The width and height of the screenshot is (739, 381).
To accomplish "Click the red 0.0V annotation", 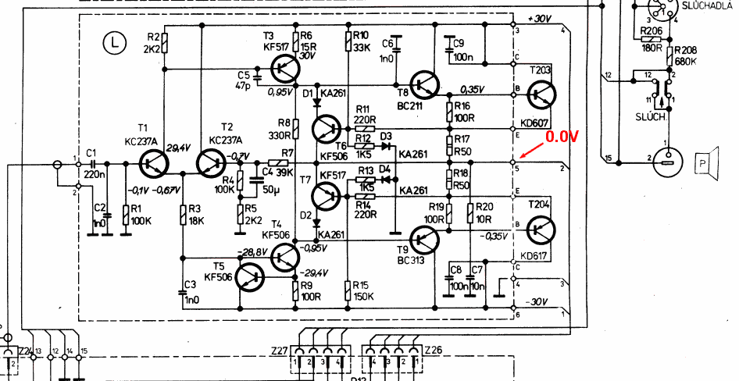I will click(x=562, y=137).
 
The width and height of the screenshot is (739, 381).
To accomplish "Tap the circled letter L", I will click(x=116, y=43).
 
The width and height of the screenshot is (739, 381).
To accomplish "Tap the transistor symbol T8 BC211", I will click(x=424, y=84).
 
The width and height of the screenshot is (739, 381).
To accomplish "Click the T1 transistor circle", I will click(x=153, y=163).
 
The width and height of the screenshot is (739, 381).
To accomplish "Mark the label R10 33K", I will click(x=361, y=41).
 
